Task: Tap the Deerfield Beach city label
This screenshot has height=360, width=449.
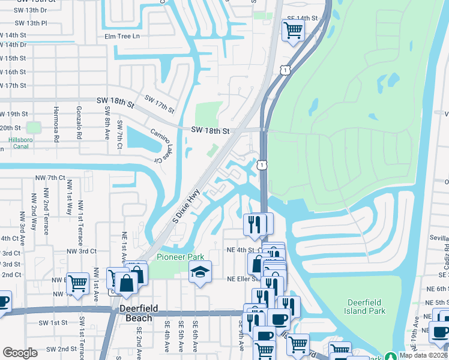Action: click(139, 313)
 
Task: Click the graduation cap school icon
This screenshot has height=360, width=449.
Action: click(200, 274)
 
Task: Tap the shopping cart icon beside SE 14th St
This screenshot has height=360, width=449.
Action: click(292, 30)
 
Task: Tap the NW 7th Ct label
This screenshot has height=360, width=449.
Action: click(50, 178)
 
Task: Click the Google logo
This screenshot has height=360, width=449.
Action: click(20, 353)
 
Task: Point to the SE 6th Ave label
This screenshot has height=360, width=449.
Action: click(195, 333)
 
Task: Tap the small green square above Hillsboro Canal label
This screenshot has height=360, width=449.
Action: click(33, 127)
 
